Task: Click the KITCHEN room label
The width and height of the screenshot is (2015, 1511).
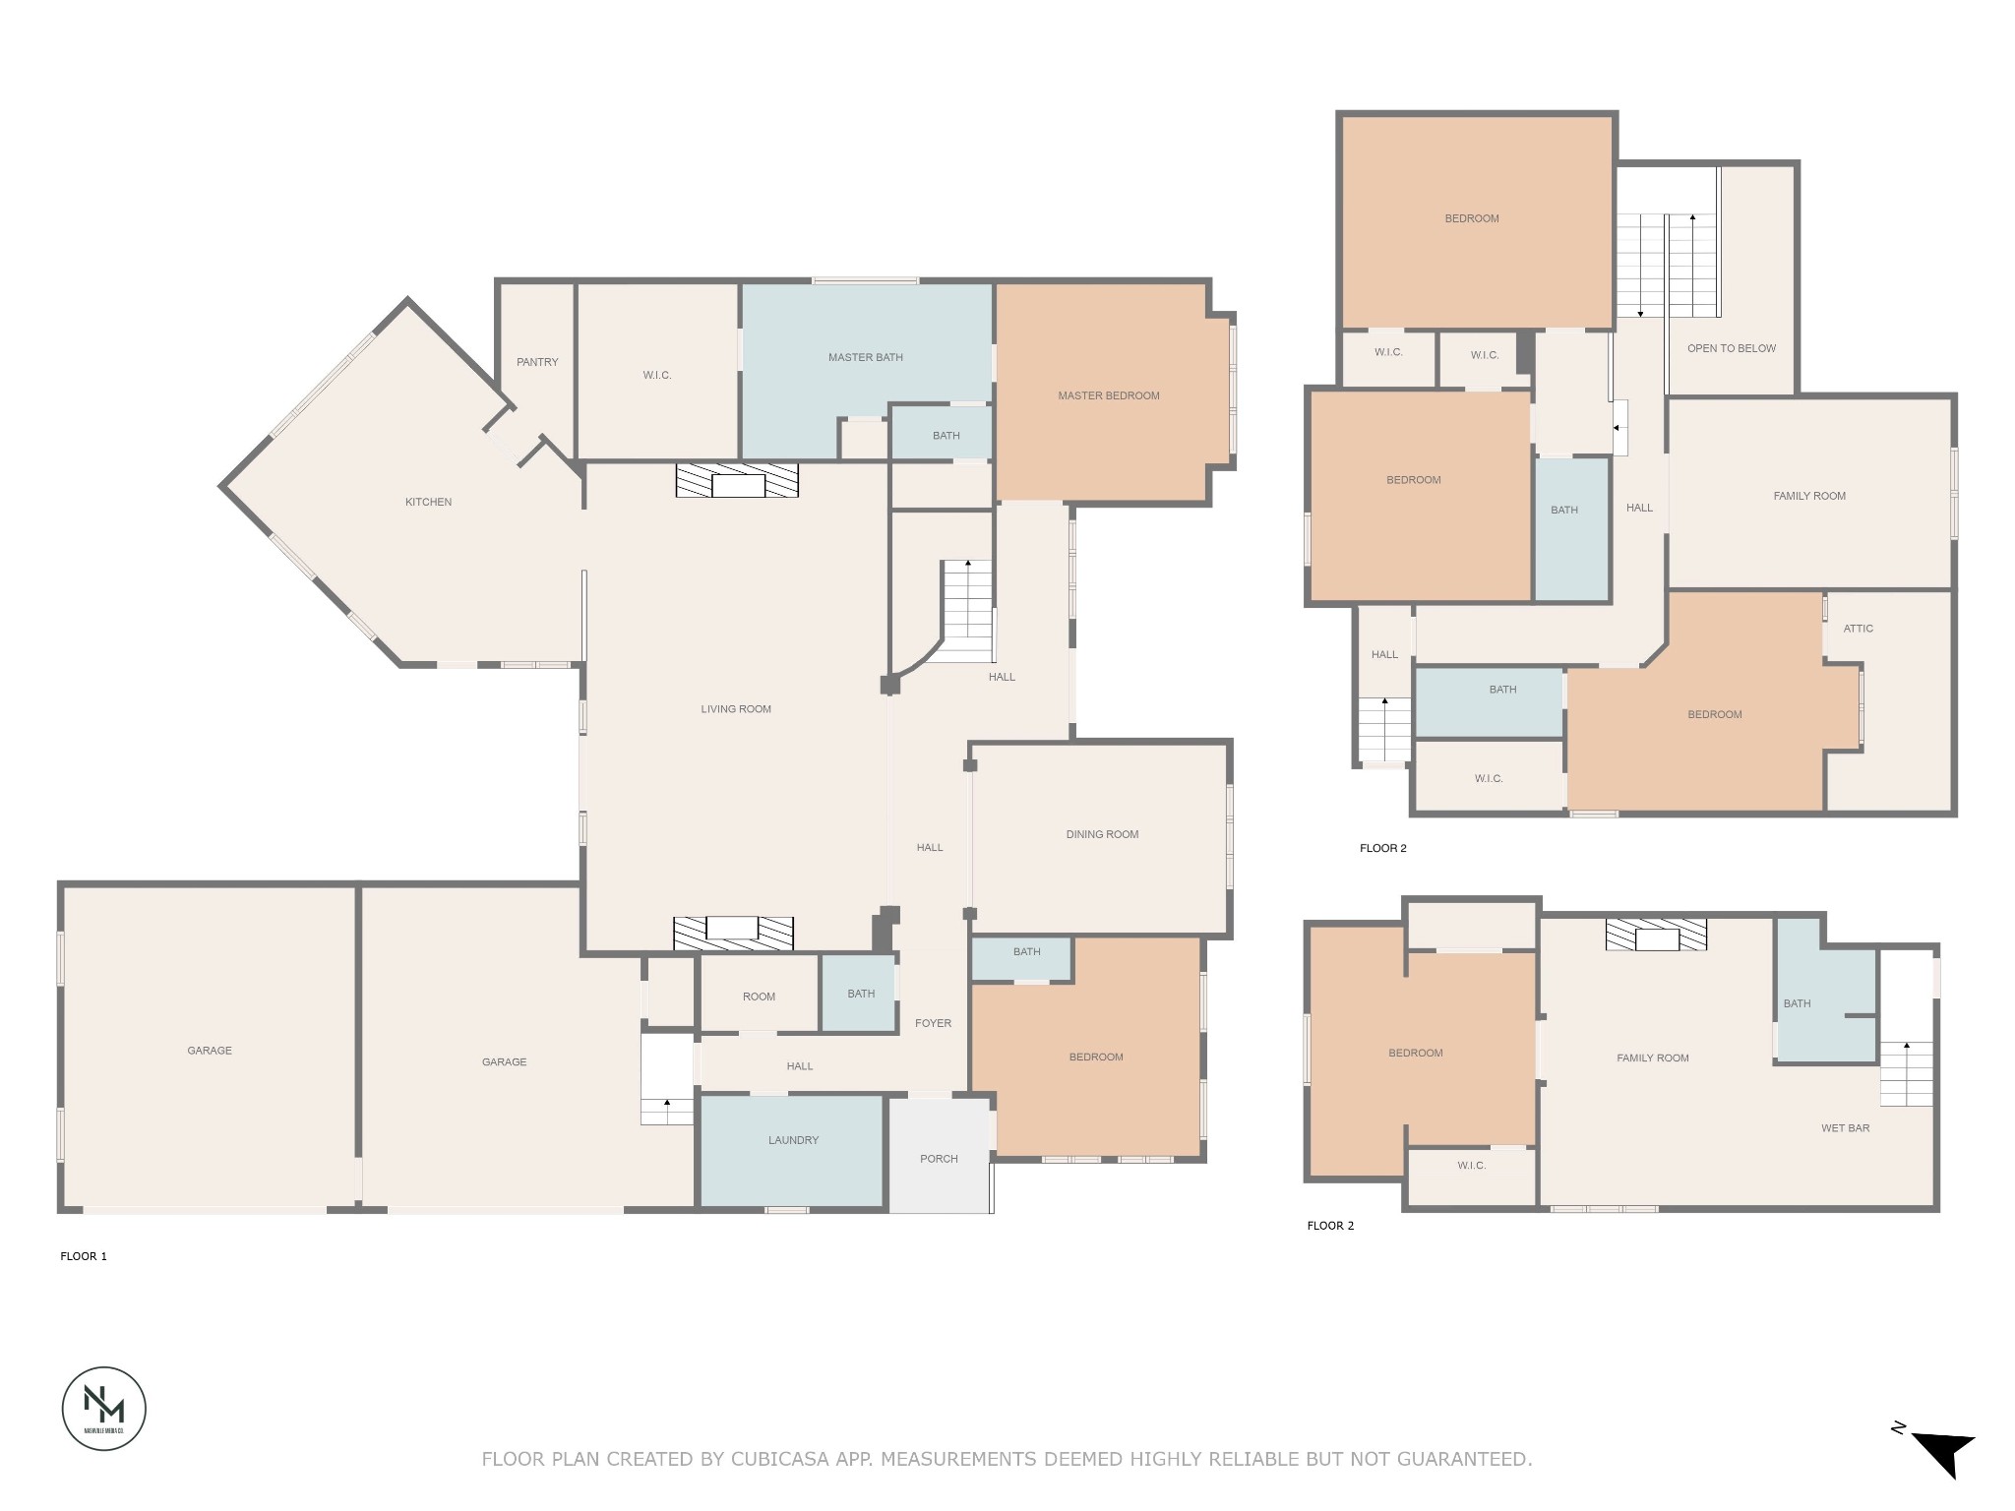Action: coord(428,502)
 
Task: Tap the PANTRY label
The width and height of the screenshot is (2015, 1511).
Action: coord(537,362)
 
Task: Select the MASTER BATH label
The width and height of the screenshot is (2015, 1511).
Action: coord(865,357)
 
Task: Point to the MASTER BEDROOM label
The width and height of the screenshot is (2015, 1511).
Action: coord(1108,395)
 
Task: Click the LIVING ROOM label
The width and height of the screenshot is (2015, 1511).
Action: coord(735,709)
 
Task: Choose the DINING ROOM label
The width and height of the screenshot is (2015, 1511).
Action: coord(1101,834)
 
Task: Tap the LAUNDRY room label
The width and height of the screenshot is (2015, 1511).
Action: coord(793,1140)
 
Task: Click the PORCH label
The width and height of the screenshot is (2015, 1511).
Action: coord(939,1159)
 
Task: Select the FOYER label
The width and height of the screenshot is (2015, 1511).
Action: coord(933,1023)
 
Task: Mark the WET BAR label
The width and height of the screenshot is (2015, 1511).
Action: coord(1845,1128)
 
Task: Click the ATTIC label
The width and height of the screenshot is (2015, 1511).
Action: coord(1858,629)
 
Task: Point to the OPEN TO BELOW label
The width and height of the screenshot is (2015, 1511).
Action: coord(1731,348)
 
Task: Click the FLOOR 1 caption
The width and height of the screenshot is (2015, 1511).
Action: coord(84,1256)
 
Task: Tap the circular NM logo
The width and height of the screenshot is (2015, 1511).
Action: coord(104,1408)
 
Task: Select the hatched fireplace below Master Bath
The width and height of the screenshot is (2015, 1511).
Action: coord(736,481)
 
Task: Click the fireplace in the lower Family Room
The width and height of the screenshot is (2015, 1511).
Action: coord(1656,935)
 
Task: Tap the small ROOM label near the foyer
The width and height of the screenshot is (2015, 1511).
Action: coord(759,997)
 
